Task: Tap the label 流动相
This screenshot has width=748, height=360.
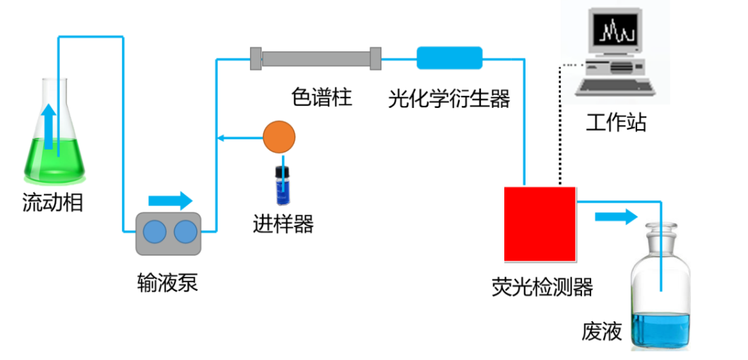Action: pos(53,204)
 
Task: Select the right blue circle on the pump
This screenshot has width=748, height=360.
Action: pos(185,233)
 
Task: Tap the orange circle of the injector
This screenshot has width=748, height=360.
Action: pos(279,137)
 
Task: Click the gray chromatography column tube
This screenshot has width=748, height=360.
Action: pos(316,58)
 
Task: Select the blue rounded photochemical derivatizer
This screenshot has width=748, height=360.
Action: pos(449,58)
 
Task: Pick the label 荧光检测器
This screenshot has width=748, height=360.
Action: pos(542,287)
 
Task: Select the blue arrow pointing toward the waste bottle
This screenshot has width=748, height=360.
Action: pos(615,217)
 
